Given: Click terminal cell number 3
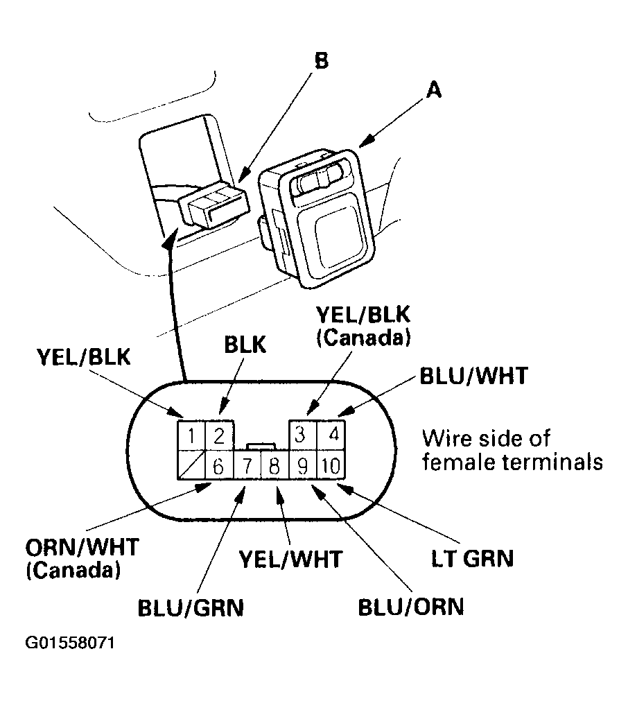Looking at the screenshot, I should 302,435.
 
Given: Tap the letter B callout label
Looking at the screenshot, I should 320,60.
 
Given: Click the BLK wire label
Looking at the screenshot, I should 245,345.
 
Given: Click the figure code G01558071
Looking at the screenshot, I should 69,643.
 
